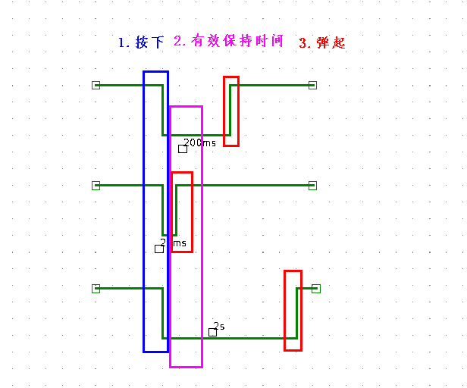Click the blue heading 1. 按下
tap(141, 42)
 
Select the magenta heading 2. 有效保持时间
tap(228, 41)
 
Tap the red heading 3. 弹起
tap(322, 43)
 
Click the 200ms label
tap(200, 142)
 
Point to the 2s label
tap(219, 326)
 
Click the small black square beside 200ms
tap(183, 149)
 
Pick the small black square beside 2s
tap(213, 332)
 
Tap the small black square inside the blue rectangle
tap(159, 249)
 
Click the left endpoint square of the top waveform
tap(96, 85)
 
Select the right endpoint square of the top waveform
tap(312, 85)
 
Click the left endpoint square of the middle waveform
tap(96, 185)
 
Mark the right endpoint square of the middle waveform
tap(312, 185)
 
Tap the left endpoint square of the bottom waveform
tap(96, 288)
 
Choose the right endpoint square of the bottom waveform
tap(316, 288)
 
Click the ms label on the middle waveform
tap(179, 243)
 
